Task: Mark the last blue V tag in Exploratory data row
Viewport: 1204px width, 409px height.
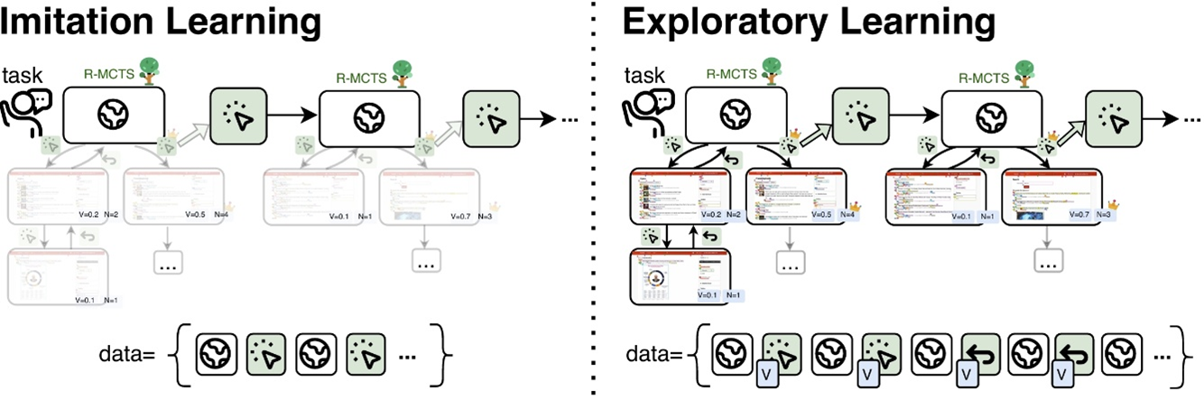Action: tap(1061, 375)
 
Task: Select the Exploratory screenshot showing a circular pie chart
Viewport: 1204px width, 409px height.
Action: tap(678, 278)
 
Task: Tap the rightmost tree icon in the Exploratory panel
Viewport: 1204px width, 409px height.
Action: tap(1027, 70)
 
